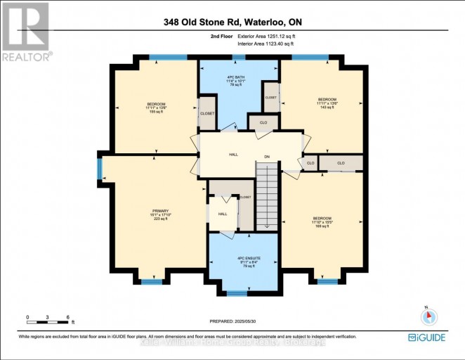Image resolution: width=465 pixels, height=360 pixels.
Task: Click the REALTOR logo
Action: pos(26,32)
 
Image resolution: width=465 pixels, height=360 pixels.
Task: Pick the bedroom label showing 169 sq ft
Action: pos(322,221)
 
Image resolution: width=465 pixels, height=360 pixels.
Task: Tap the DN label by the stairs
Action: pos(267,156)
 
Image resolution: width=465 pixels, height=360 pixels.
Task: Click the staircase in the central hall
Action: pos(266,194)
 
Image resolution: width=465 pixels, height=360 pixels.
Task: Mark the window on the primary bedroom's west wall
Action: pos(99,169)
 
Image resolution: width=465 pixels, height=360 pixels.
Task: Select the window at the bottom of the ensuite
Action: pos(237,292)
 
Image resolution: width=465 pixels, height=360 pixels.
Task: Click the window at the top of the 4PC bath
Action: pos(239,58)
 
